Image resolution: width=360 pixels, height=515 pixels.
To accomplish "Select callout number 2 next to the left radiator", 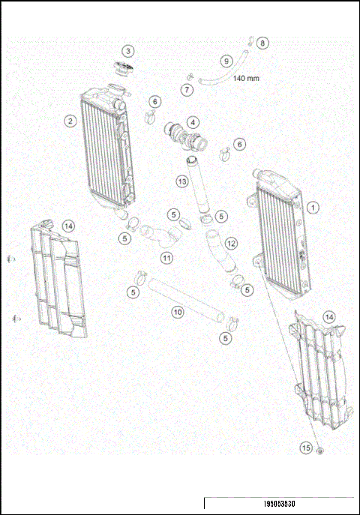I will coord(70,121).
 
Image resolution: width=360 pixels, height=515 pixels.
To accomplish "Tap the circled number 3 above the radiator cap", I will coord(129,51).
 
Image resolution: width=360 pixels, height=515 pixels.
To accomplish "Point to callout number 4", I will coord(193,122).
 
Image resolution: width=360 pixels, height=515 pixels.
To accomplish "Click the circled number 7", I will coord(188,90).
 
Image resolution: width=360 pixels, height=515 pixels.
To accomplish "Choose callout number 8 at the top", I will coord(262,43).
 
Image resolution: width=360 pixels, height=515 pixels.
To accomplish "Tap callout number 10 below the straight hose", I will coord(178,310).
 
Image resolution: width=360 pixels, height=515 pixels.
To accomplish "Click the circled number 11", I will coord(166,257).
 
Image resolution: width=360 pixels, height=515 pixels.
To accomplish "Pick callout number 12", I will coord(231,244).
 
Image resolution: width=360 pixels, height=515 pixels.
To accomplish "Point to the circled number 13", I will coord(181,181).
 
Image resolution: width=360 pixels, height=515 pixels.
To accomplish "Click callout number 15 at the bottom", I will coord(305,448).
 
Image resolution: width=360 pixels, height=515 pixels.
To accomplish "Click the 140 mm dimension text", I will coord(247,78).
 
